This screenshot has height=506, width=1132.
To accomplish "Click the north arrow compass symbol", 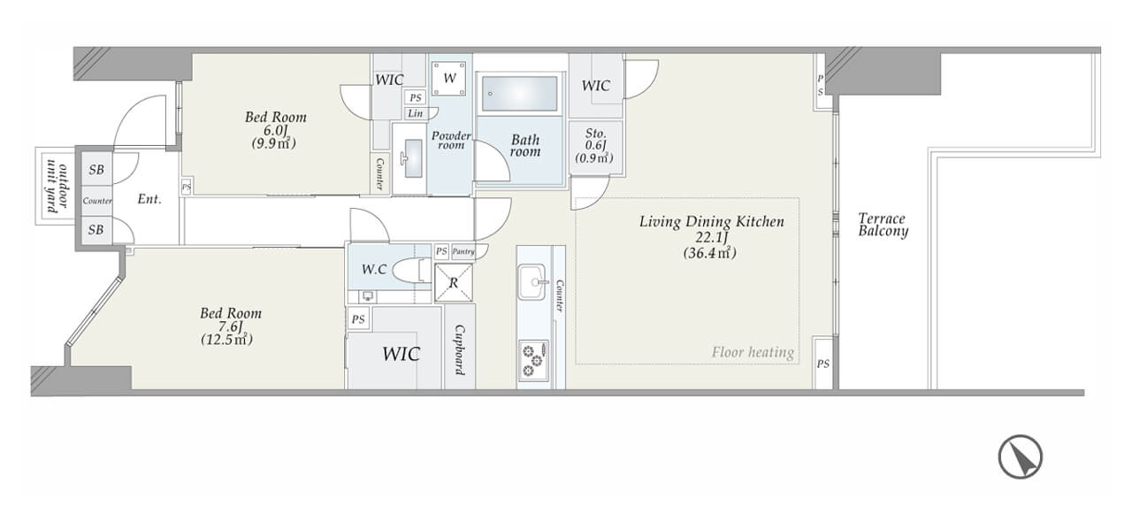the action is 1020,457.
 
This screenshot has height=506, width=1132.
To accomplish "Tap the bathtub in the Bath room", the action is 519,94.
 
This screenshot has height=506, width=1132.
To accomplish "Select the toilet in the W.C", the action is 411,271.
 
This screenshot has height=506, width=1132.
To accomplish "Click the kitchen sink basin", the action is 532,281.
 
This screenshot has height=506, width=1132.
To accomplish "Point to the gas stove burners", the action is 533,359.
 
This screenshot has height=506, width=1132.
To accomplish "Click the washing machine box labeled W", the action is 449,79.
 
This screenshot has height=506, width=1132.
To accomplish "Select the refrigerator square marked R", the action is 454,282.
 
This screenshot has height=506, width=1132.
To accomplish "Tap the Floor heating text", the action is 753,352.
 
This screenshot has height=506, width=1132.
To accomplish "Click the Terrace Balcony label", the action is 883,225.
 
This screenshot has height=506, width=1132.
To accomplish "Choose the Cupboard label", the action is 460,349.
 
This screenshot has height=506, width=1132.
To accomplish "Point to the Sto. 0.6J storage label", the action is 595,146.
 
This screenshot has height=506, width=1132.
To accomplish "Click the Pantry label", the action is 463,251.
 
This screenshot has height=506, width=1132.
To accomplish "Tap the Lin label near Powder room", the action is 416,113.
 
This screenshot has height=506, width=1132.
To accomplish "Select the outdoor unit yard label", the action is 56,187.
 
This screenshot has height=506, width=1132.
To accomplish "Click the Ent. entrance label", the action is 149,199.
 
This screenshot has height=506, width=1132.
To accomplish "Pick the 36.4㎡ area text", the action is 709,253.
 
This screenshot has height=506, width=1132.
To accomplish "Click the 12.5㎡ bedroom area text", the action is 227,340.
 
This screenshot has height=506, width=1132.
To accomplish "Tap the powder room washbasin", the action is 413,158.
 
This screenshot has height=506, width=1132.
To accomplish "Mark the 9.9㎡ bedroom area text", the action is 273,143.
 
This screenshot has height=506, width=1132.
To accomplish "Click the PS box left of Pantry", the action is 441,251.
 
